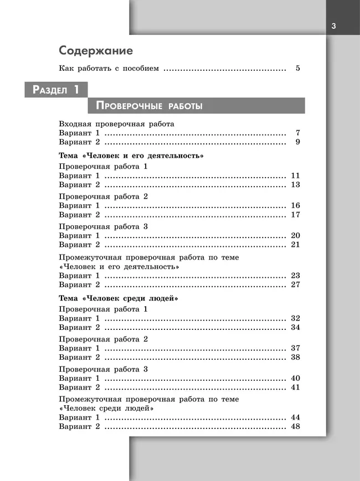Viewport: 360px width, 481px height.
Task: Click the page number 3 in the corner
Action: click(x=333, y=25)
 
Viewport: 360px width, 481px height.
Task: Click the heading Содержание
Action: click(x=96, y=51)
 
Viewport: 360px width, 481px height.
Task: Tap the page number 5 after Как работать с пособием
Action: click(x=297, y=69)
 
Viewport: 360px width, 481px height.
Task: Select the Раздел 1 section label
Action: click(x=55, y=90)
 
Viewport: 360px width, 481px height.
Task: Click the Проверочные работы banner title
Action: click(x=149, y=105)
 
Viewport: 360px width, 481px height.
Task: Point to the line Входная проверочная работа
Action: click(x=116, y=124)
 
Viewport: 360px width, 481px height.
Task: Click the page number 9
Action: click(x=297, y=142)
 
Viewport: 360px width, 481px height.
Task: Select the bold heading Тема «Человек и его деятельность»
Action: click(x=131, y=156)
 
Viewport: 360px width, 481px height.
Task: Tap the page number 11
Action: click(x=295, y=175)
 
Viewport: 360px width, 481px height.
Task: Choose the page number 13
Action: click(x=295, y=184)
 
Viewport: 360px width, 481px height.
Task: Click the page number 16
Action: click(x=295, y=205)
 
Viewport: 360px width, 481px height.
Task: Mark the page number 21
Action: click(x=295, y=244)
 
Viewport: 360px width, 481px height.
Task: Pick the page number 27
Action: click(x=295, y=285)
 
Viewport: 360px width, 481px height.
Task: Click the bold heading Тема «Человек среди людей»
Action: click(x=118, y=298)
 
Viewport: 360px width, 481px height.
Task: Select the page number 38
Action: click(x=295, y=357)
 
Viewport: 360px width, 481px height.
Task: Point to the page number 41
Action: click(x=295, y=387)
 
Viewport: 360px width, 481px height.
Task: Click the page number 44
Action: click(x=295, y=417)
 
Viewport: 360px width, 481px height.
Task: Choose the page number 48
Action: click(x=295, y=426)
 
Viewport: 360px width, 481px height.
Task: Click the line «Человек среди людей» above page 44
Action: click(x=106, y=408)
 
